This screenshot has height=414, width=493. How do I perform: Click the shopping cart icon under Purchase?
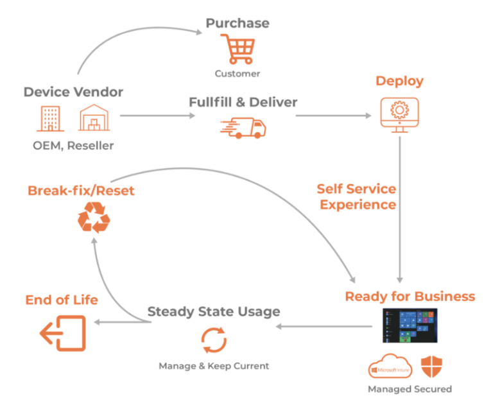pos(237,49)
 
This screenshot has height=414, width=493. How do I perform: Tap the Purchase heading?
pos(238,23)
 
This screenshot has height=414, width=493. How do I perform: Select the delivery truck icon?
pos(242,127)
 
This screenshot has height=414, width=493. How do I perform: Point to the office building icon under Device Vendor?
pos(51,119)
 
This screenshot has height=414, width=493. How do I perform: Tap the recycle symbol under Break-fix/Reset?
pos(94,218)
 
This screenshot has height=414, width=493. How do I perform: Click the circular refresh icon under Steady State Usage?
pos(214,340)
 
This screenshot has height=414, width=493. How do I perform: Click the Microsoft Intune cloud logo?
pos(390,368)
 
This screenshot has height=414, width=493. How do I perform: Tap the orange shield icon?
pos(431,367)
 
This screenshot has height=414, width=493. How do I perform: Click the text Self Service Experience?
pos(357,197)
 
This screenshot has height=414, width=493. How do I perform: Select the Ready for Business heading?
pos(410,296)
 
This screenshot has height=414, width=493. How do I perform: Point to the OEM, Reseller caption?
pos(73,146)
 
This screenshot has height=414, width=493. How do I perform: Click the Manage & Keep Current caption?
pos(214,366)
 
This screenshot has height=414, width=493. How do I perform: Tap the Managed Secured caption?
pos(410,389)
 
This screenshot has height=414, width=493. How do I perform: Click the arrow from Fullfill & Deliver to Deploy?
pos(334,116)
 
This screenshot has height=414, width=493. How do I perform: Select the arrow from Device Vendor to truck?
pos(158,116)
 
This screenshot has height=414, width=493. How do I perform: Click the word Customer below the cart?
pos(238,73)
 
